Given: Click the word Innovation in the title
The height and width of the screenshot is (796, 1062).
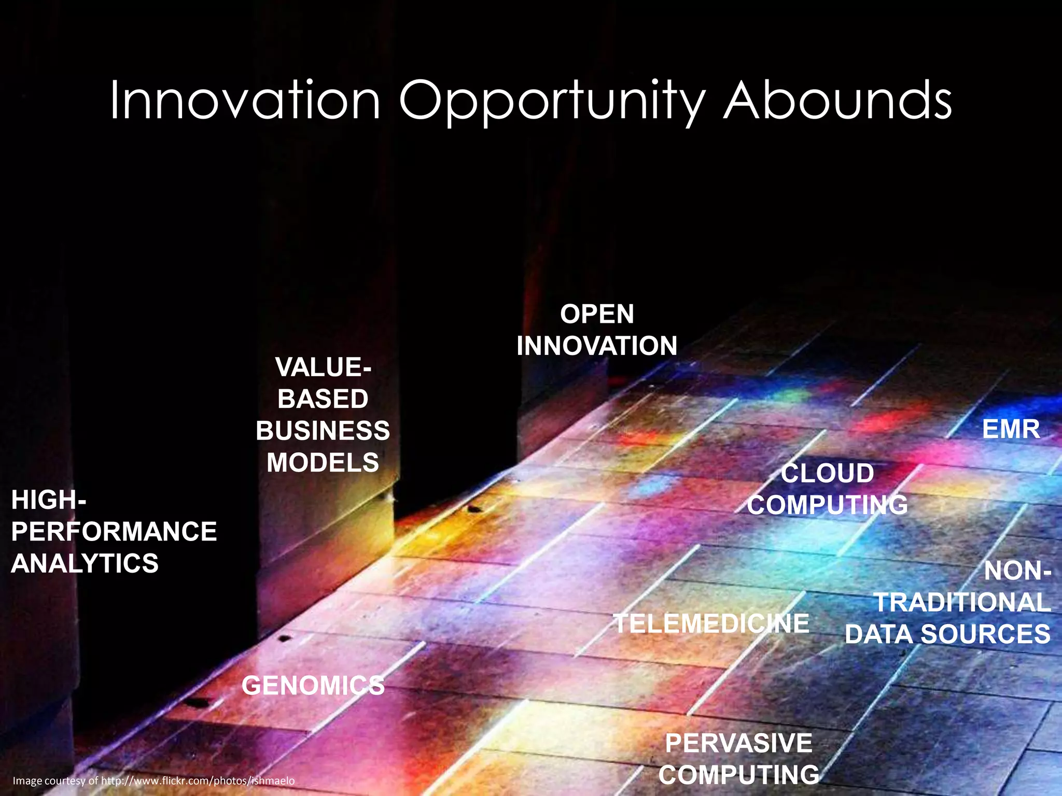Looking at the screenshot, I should click(x=245, y=101).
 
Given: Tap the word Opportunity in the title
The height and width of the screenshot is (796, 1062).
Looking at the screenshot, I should click(x=552, y=103).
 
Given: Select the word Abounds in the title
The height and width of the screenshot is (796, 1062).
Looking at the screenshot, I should click(x=837, y=101).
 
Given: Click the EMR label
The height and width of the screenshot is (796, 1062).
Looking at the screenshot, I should click(x=1011, y=429).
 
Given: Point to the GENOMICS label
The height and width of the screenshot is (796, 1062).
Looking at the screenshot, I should click(x=313, y=686).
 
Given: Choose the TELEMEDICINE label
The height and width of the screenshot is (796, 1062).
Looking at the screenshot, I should click(x=711, y=623).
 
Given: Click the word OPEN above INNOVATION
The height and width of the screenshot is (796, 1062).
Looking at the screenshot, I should click(x=597, y=314).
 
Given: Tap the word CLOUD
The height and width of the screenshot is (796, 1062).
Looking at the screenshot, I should click(x=827, y=473).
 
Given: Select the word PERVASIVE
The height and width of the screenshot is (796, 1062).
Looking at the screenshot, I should click(x=738, y=743).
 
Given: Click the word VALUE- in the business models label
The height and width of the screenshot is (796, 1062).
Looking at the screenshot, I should click(x=323, y=367).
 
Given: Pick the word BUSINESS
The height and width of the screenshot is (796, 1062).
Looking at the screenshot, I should click(x=323, y=431).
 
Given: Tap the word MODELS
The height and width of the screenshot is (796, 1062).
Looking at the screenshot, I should click(x=323, y=462).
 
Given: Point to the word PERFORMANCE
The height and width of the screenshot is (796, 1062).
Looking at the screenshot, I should click(x=114, y=532).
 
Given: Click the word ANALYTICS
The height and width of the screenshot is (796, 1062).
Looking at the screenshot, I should click(x=85, y=563).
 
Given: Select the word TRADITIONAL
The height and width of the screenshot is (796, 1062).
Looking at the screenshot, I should click(x=962, y=602).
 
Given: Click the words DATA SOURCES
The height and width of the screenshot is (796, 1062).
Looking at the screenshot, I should click(x=947, y=634).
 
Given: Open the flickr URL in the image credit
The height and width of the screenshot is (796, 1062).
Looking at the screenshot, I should click(x=198, y=780).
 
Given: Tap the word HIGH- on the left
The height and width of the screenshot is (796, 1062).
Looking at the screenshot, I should click(x=49, y=500).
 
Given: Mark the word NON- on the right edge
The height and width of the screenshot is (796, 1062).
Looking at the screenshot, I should click(x=1017, y=571).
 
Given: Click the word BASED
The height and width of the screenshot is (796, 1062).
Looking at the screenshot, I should click(x=323, y=399).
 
